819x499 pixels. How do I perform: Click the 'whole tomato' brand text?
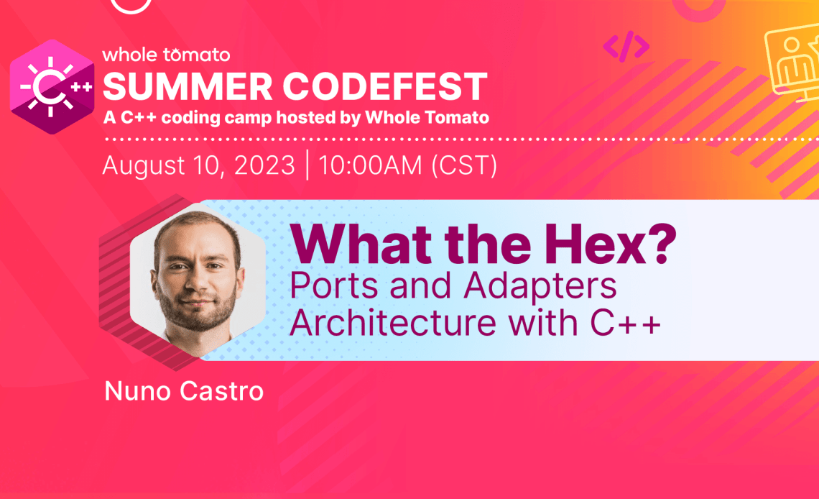[166, 55]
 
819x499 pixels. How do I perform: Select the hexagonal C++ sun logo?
[52, 87]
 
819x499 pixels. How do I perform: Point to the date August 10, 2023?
[199, 165]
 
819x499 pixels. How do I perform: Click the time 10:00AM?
[370, 165]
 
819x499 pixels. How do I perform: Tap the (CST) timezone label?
[464, 165]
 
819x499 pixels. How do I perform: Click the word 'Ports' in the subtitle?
[334, 285]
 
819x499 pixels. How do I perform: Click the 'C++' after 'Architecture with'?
[626, 323]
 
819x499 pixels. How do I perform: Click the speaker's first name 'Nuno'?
[136, 391]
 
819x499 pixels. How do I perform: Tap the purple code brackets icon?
[626, 47]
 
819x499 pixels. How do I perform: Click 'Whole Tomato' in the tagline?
[427, 118]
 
